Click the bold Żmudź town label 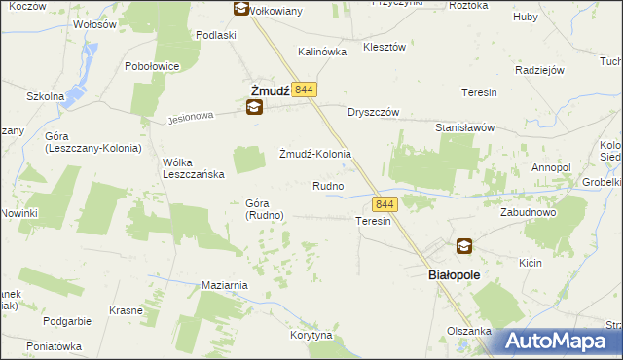(264, 90)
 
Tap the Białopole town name (455, 275)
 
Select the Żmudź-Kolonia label (314, 155)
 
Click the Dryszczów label (375, 111)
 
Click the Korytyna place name (311, 335)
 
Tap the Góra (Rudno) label (258, 209)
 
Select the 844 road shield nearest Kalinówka (303, 89)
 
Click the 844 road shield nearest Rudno (385, 204)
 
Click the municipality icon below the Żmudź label (254, 108)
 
